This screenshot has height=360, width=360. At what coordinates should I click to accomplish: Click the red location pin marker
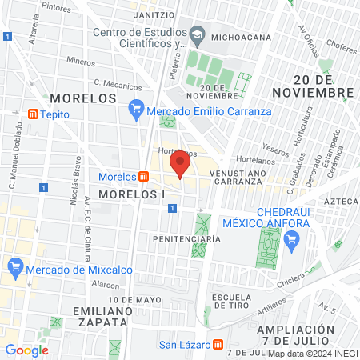click(x=180, y=166)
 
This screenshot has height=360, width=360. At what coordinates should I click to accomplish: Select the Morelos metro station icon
click(x=142, y=177)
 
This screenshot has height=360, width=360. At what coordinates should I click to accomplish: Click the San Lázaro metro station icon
click(x=218, y=345)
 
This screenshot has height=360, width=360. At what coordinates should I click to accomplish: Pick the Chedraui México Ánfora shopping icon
click(x=291, y=238)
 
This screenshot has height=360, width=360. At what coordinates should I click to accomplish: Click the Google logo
click(x=26, y=350)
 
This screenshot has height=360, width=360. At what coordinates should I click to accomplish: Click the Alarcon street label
click(x=106, y=283)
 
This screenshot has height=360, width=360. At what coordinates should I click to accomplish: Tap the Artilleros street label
click(x=273, y=305)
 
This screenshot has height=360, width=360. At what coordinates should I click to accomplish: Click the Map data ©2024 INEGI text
click(x=312, y=354)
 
